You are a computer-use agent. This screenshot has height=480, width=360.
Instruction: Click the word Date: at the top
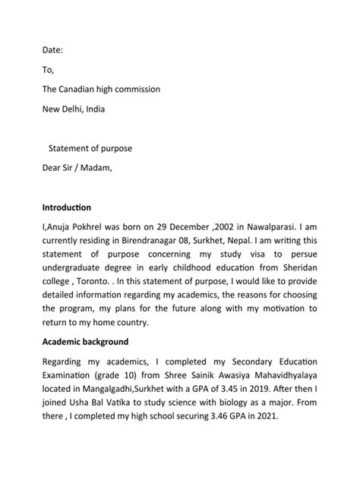53,50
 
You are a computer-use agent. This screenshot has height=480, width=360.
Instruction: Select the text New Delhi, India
74,109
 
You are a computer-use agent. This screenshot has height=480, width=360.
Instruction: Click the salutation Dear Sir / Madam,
77,167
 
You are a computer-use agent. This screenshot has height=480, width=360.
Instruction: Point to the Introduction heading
67,207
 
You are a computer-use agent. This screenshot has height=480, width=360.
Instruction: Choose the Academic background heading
85,342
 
